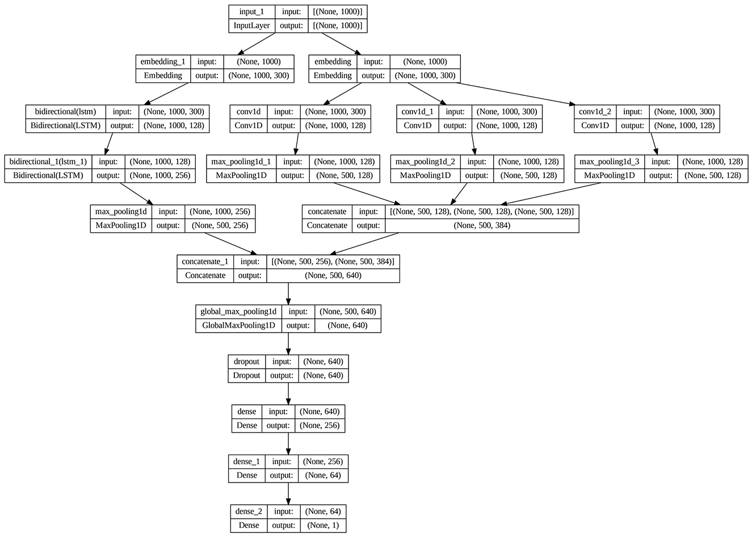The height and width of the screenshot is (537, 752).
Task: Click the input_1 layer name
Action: (x=252, y=12)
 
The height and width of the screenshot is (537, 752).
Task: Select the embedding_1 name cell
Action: (x=163, y=61)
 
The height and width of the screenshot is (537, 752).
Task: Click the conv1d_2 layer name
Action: (x=595, y=111)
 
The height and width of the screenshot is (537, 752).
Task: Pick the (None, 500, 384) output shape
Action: (x=482, y=225)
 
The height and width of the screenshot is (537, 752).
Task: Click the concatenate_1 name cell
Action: (x=205, y=262)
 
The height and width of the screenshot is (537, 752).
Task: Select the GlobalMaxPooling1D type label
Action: (x=238, y=325)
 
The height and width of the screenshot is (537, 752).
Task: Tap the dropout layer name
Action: (x=246, y=362)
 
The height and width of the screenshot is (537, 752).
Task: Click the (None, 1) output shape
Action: (x=322, y=525)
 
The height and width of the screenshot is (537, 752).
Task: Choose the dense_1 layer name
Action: (x=245, y=462)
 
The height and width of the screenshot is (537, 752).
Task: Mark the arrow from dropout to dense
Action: (x=288, y=393)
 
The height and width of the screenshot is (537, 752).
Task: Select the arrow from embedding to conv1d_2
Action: (x=516, y=94)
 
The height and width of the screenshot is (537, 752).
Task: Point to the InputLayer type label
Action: (x=252, y=26)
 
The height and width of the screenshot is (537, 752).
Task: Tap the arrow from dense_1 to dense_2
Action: (x=288, y=493)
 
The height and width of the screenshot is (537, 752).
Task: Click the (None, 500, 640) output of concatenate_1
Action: (x=333, y=275)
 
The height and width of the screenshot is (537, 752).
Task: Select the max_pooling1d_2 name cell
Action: (x=425, y=162)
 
